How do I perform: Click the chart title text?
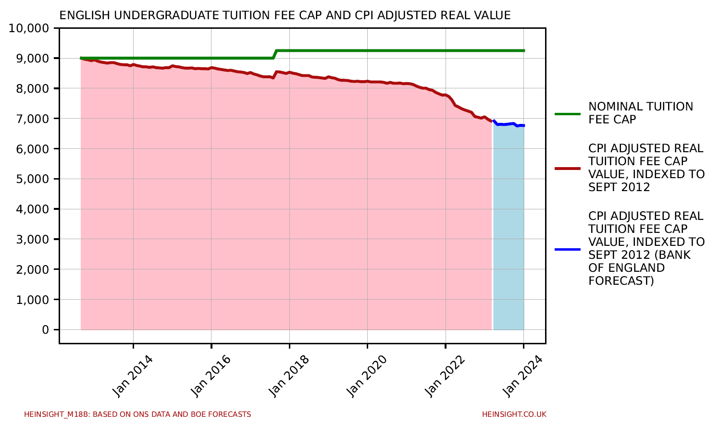[x=285, y=15]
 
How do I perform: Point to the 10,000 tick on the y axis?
[x=29, y=28]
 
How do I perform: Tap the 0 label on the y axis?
[x=45, y=330]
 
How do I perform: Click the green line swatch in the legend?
[x=567, y=114]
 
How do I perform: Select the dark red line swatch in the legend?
[x=567, y=169]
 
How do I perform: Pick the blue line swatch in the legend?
[x=567, y=249]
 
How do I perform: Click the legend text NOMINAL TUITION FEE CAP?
[x=640, y=113]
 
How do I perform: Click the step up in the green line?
[x=274, y=54]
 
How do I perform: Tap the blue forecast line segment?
[x=509, y=124]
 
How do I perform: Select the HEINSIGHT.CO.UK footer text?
[x=514, y=414]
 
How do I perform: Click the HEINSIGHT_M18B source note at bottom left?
[x=137, y=414]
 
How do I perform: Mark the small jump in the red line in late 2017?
[x=274, y=74]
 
